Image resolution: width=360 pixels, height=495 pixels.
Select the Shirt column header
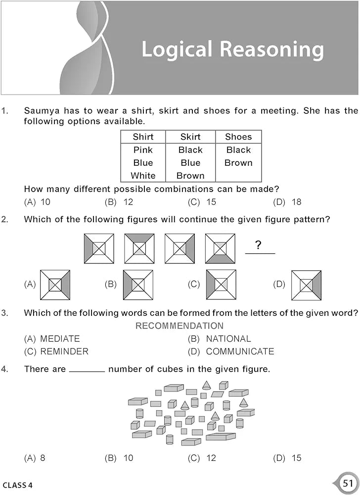coord(143,137)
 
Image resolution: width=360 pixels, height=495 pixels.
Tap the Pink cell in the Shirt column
coord(143,150)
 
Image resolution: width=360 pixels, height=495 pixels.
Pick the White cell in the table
coord(143,176)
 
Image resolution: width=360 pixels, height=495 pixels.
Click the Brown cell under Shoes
coord(238,163)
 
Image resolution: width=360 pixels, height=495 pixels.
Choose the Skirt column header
coord(190,137)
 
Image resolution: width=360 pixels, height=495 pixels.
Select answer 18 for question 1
coord(296,202)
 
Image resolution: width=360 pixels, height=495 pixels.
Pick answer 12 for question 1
coord(128,202)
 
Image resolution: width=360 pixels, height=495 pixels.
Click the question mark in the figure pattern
coord(258,245)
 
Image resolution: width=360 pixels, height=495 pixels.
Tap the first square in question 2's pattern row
coord(99,248)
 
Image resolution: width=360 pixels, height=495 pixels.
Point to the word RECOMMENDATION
coord(180,326)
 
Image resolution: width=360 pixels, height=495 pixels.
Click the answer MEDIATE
coord(59,339)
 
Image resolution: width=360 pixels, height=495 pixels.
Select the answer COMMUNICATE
coord(240,351)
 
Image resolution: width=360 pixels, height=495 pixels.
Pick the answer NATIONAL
coord(228,339)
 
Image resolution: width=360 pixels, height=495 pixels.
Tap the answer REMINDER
coord(64,351)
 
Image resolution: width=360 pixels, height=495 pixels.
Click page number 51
coord(347,483)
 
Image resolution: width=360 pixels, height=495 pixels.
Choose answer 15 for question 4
coord(296,458)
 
